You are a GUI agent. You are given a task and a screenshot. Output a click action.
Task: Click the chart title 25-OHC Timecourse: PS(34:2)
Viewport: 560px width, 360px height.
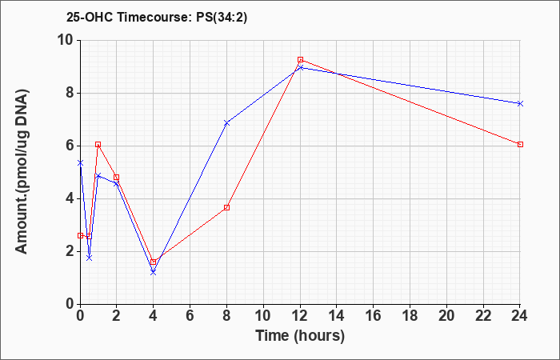coord(157,18)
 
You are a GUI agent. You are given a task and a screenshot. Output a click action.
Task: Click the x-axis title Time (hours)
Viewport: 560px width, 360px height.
coord(300,336)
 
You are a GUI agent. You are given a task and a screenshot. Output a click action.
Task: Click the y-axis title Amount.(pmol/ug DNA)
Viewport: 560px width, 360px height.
coord(22,171)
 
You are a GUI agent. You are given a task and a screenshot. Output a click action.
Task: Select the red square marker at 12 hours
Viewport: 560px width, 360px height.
coord(300,60)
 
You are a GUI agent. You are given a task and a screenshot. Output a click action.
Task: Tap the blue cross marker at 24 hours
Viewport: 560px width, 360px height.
coord(520,103)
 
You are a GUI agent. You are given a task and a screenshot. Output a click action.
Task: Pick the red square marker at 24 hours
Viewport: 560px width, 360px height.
coord(520,144)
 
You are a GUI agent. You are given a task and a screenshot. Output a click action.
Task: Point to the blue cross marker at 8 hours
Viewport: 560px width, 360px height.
coord(226,123)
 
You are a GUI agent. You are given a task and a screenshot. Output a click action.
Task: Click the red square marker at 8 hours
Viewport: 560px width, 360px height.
coord(226,207)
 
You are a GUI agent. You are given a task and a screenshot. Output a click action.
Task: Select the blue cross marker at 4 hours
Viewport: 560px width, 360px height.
coord(154,273)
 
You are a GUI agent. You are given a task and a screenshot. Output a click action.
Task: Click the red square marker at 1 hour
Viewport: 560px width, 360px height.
coord(98,144)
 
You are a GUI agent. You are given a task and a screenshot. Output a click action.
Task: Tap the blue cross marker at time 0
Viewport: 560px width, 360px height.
coord(80,163)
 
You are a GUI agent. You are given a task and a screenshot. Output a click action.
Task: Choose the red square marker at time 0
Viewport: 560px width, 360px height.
coord(80,236)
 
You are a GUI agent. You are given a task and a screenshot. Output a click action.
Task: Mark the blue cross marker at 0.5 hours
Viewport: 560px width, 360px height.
coord(90,258)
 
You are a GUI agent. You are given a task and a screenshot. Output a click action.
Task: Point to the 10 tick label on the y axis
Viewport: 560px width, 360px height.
coord(66,40)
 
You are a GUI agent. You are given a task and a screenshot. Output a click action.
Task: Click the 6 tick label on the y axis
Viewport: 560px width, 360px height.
coord(71,146)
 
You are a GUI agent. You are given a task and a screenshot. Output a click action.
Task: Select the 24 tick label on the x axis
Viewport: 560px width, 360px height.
coord(520,316)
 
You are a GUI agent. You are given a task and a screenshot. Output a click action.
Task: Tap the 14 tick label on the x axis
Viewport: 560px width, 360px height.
coord(337,316)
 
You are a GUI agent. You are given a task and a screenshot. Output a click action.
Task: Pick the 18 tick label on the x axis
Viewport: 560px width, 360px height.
coord(410,316)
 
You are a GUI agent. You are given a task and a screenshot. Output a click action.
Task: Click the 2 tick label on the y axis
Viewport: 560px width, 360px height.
coord(71,251)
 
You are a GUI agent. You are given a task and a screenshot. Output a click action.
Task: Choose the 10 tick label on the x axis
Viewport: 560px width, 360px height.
coord(263,316)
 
